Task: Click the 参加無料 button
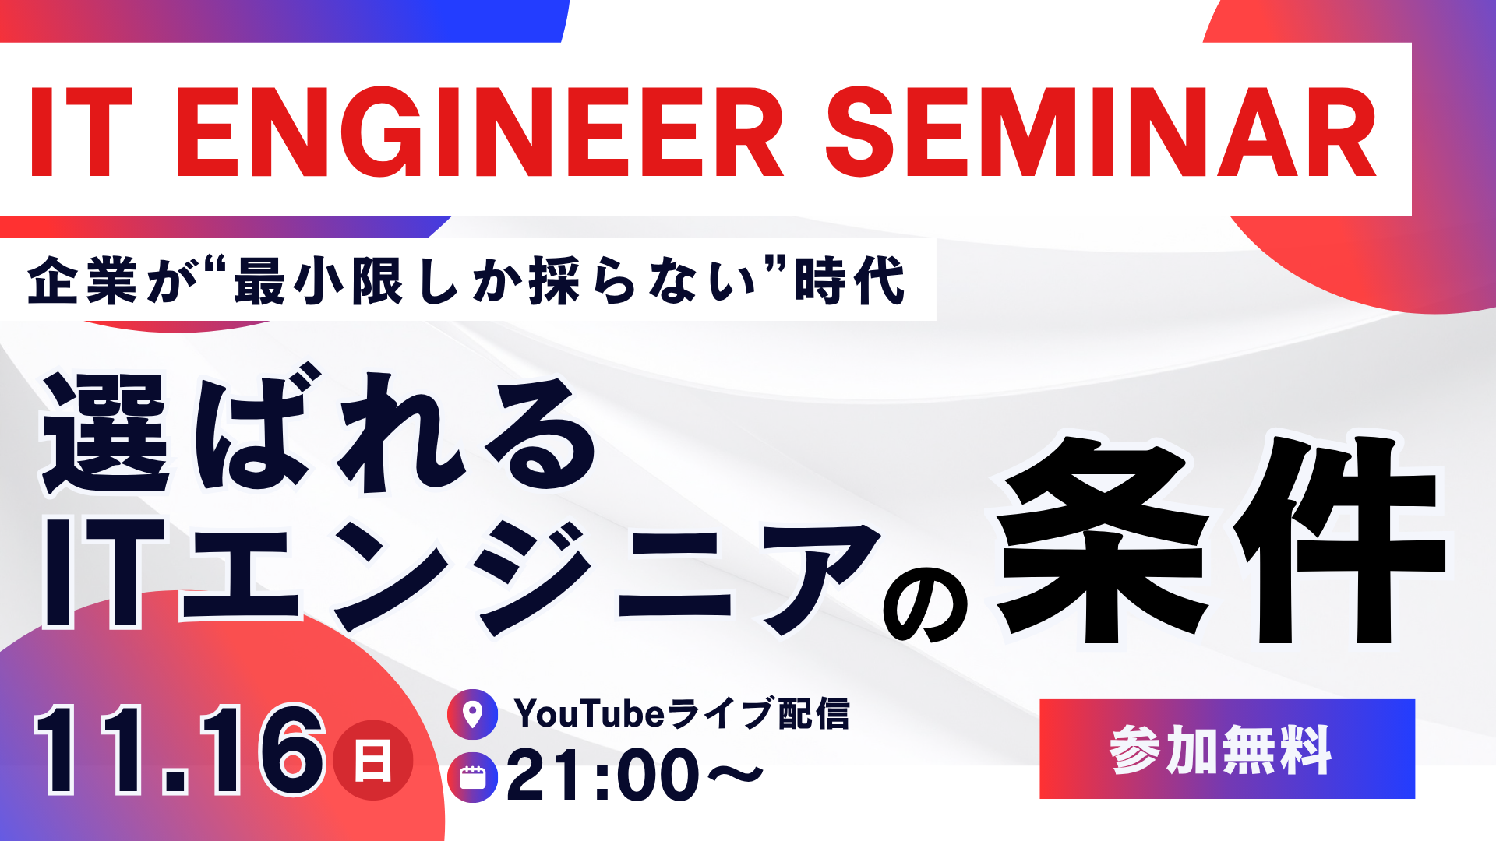(x=1227, y=749)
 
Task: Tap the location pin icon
(x=472, y=714)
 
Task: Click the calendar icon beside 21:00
(x=472, y=777)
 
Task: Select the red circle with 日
(x=372, y=761)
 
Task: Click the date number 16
(x=262, y=750)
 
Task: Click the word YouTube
(x=589, y=714)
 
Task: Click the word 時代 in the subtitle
(x=849, y=280)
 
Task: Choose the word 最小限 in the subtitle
(x=319, y=280)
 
